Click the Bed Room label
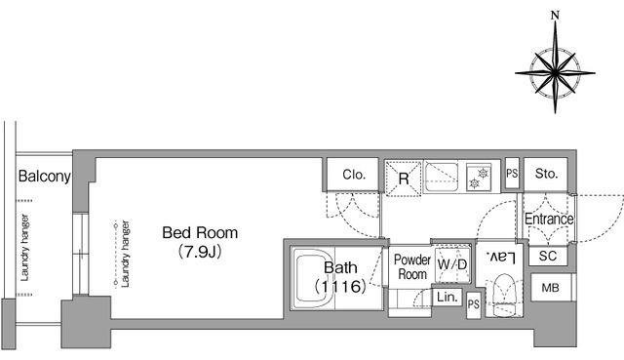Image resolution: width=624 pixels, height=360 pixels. click(200, 232)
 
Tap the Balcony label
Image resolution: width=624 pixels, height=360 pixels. click(45, 176)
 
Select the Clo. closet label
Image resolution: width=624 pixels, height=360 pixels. click(354, 175)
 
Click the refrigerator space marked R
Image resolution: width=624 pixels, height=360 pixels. click(403, 179)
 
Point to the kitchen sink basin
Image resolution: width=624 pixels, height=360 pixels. click(442, 177)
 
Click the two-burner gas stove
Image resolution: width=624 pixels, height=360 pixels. click(479, 178)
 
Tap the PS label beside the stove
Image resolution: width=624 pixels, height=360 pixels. click(512, 174)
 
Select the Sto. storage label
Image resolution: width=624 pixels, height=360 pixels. click(546, 174)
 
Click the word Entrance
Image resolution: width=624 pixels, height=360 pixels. click(549, 220)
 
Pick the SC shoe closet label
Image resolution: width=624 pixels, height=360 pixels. click(548, 256)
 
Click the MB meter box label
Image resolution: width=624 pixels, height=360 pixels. click(550, 288)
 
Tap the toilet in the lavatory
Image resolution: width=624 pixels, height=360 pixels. click(504, 295)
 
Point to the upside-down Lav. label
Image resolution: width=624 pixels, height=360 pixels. click(500, 258)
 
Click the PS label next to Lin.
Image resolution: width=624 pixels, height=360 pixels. click(474, 304)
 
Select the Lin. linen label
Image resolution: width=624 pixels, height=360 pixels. click(448, 297)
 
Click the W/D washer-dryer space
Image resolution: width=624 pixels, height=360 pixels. click(452, 264)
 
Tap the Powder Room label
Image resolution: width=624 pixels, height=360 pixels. click(412, 266)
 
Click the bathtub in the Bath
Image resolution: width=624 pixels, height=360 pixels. click(313, 278)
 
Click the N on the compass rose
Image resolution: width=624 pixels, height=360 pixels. click(555, 16)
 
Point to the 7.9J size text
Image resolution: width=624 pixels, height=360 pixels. click(200, 252)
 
